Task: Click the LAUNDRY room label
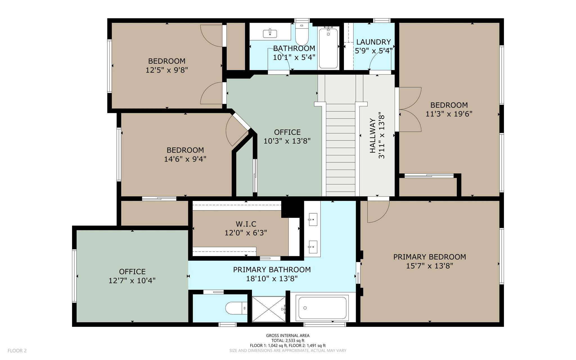[373, 42]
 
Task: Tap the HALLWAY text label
[372, 136]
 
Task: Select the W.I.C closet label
[246, 224]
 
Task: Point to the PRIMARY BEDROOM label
[429, 257]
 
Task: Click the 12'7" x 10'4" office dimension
[132, 281]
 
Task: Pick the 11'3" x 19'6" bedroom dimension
[449, 114]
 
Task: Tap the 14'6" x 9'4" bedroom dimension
[185, 159]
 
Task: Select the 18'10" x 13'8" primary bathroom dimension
[272, 279]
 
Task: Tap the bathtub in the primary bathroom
[322, 308]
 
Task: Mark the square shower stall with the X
[269, 309]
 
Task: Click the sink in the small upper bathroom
[270, 33]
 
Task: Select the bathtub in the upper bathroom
[328, 48]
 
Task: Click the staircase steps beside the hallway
[340, 149]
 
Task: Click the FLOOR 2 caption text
[17, 351]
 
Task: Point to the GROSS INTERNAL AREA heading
[288, 336]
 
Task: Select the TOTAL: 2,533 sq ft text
[288, 341]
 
